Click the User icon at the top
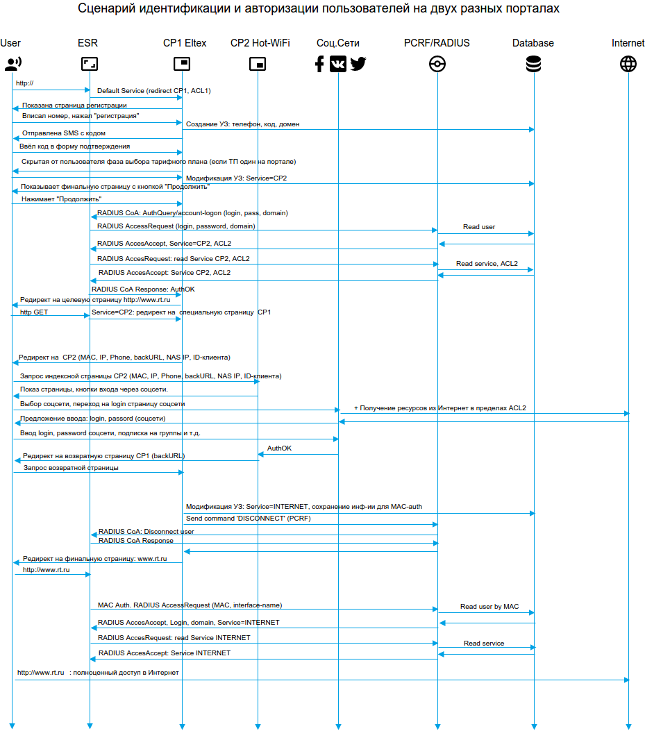click(12, 65)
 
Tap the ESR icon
click(89, 65)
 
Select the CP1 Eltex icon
click(182, 65)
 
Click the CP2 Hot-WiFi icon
click(258, 65)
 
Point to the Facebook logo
click(319, 65)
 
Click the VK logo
click(338, 65)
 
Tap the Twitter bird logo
click(358, 65)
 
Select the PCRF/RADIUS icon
click(437, 65)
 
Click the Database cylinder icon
click(534, 65)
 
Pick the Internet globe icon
click(628, 65)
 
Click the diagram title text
click(319, 9)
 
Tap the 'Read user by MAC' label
click(489, 607)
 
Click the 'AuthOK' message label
click(279, 448)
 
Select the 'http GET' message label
click(34, 312)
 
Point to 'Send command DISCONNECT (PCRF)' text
click(248, 519)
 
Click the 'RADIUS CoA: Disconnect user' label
click(146, 532)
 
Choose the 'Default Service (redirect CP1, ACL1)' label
click(153, 91)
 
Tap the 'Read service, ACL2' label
click(486, 264)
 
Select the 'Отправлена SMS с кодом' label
click(64, 133)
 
